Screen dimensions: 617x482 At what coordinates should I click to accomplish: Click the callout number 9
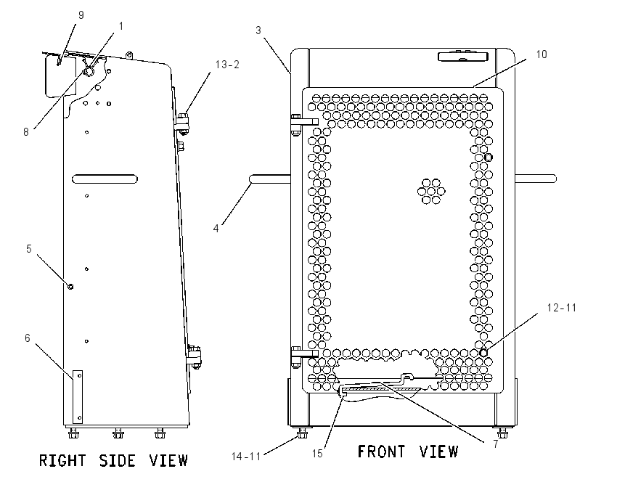[81, 15]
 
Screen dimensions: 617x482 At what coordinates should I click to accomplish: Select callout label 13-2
[227, 65]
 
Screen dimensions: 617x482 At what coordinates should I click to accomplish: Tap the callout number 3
[258, 30]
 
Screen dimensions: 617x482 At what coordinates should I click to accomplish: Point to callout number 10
[542, 54]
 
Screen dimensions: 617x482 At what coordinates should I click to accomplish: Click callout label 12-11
[562, 308]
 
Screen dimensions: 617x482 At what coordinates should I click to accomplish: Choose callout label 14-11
[246, 457]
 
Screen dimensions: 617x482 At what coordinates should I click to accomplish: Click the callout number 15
[317, 454]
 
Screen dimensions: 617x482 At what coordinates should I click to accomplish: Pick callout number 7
[495, 444]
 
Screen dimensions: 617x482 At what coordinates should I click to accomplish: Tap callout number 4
[216, 228]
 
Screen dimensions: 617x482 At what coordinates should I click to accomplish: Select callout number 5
[29, 249]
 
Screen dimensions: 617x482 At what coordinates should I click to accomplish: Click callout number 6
[27, 338]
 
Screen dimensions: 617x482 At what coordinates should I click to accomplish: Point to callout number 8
[26, 132]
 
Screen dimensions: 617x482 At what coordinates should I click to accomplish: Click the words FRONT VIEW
[408, 452]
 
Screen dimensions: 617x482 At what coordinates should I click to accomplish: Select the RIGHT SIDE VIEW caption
[114, 460]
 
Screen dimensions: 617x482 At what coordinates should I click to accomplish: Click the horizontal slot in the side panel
[105, 179]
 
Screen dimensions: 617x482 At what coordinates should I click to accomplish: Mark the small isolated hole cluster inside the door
[431, 192]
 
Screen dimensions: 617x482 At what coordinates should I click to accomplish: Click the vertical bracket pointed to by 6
[78, 396]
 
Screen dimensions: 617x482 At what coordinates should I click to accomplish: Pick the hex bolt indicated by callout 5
[70, 287]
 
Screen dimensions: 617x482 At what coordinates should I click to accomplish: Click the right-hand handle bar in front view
[536, 179]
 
